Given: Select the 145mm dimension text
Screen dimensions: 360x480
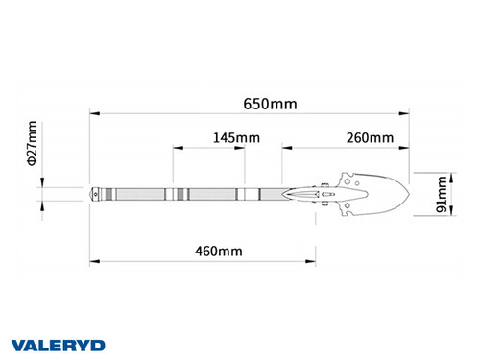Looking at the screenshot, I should (235, 138).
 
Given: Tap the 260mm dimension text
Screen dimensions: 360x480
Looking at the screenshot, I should (370, 138).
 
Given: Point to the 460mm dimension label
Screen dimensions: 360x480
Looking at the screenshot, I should (218, 251).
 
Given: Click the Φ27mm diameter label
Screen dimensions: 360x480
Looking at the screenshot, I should (33, 143).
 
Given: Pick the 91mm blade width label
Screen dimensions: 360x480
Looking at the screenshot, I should (442, 194).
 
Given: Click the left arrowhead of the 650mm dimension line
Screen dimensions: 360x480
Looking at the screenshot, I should (93, 114).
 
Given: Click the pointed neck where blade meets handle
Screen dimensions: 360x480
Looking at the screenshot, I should (288, 194).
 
